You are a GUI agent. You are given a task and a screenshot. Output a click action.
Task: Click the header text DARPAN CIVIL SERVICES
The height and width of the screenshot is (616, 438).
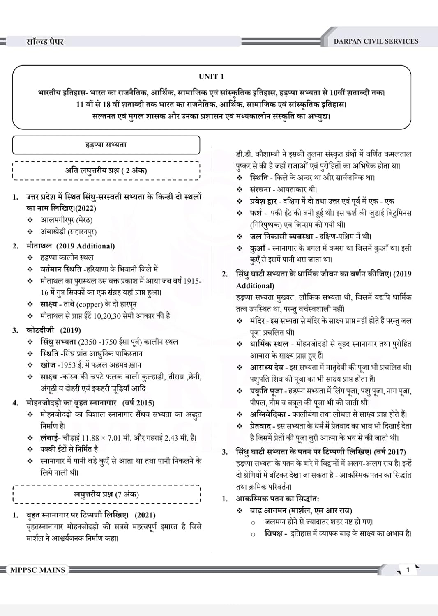pyautogui.click(x=376, y=41)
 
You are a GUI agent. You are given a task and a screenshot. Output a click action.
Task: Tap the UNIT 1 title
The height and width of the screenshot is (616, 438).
pyautogui.click(x=211, y=76)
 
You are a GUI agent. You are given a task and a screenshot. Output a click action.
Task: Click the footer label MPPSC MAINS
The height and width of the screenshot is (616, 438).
pyautogui.click(x=37, y=570)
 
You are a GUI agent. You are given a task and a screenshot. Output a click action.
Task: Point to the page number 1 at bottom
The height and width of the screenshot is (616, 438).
pyautogui.click(x=408, y=570)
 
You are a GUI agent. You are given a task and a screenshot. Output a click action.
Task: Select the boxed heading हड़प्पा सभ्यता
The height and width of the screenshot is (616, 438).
pyautogui.click(x=106, y=145)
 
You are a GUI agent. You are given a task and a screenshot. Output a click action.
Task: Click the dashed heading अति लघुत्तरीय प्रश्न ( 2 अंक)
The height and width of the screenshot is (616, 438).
pyautogui.click(x=106, y=170)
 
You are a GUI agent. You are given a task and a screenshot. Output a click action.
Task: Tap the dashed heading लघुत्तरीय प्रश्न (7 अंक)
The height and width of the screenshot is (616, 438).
pyautogui.click(x=106, y=494)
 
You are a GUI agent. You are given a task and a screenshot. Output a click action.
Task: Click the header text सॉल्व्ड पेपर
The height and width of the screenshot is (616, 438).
pyautogui.click(x=45, y=41)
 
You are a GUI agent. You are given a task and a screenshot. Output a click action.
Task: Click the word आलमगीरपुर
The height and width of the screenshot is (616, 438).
pyautogui.click(x=57, y=220)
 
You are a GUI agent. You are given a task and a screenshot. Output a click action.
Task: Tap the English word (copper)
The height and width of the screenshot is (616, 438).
pyautogui.click(x=90, y=304)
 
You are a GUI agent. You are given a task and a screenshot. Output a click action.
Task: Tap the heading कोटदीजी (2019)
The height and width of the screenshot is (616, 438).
pyautogui.click(x=53, y=330)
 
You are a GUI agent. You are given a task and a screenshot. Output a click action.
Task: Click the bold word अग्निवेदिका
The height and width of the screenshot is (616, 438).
pyautogui.click(x=267, y=414)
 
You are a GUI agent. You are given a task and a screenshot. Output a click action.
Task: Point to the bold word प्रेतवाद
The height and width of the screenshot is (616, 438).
pyautogui.click(x=262, y=426)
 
